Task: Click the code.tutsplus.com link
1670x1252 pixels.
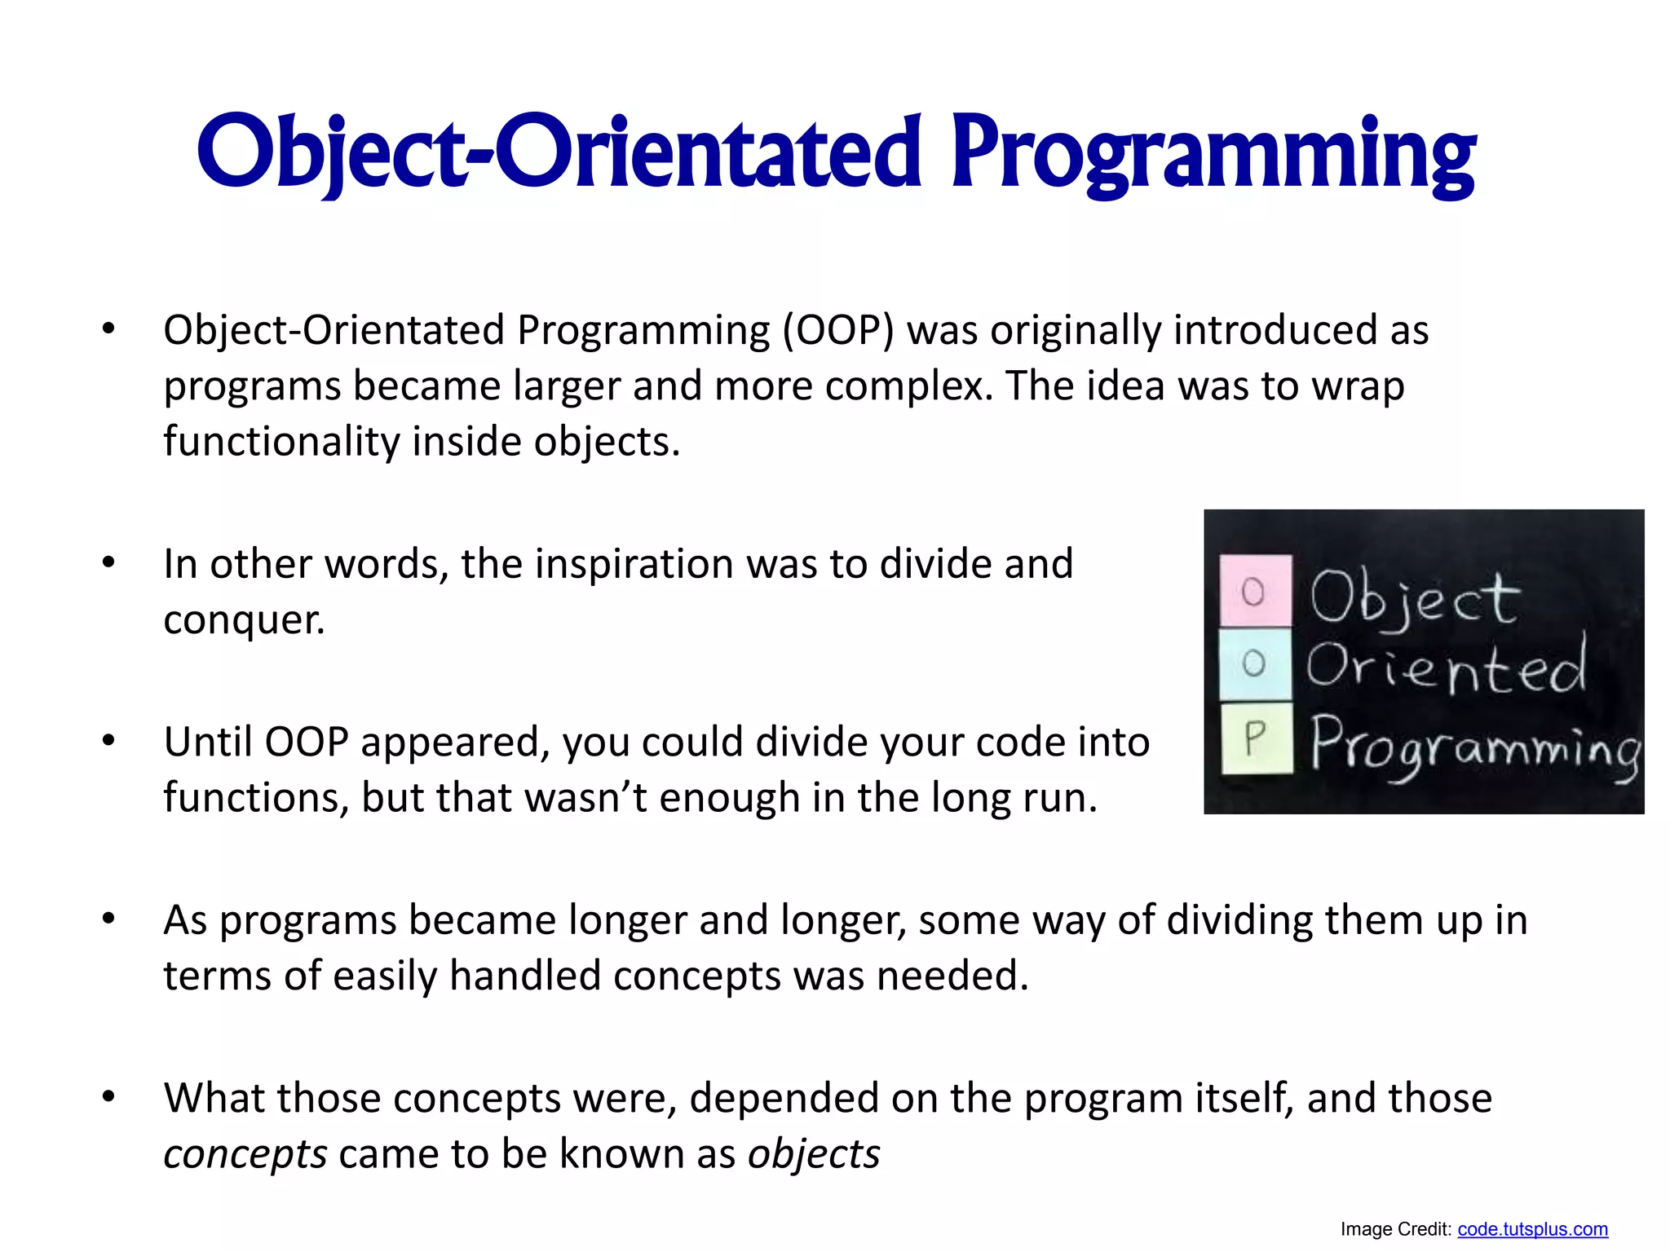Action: click(x=1532, y=1229)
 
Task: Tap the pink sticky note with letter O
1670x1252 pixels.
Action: click(x=1255, y=591)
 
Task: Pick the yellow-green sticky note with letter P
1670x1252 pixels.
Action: click(x=1257, y=738)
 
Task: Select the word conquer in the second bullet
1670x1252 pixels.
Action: click(x=243, y=619)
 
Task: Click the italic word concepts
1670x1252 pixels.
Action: click(x=245, y=1154)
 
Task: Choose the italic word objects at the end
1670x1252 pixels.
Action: click(x=814, y=1154)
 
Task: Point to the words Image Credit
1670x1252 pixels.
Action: click(x=1395, y=1229)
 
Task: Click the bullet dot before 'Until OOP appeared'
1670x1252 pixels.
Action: click(x=108, y=741)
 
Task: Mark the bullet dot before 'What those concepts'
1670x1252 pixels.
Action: click(x=108, y=1097)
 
